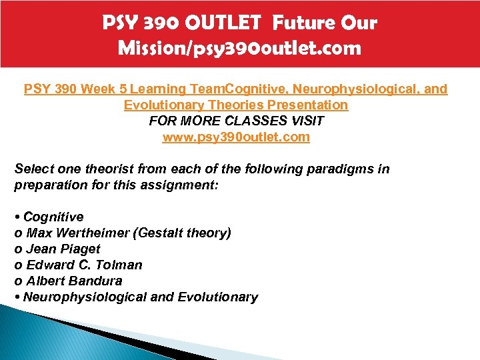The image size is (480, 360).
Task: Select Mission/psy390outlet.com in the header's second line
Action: pos(239,48)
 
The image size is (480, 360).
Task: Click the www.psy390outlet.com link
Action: pos(236,137)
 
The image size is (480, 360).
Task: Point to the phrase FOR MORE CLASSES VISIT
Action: pos(236,121)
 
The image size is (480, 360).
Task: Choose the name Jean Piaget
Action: pos(63,249)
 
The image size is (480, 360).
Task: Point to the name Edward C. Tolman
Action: pos(84,265)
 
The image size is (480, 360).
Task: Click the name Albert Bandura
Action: pos(74,281)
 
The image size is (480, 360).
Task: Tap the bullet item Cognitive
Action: pos(53,217)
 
